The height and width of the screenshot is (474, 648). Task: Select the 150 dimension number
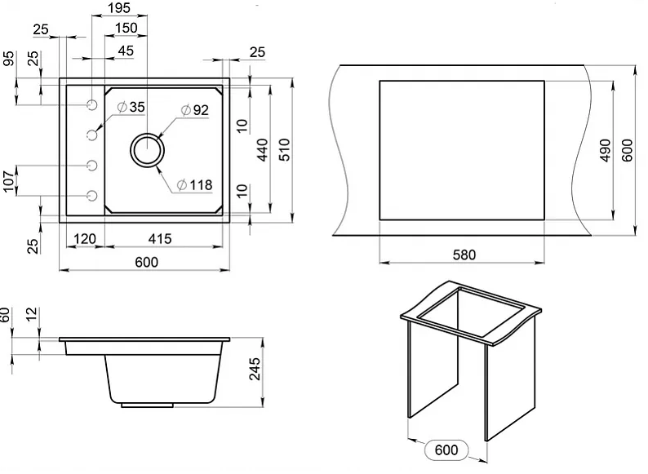pos(125,29)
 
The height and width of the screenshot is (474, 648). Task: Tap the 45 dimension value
pos(126,51)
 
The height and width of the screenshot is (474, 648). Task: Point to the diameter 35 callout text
pos(131,107)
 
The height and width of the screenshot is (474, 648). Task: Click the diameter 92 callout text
pos(195,109)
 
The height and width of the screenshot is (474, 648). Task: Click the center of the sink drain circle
pos(148,151)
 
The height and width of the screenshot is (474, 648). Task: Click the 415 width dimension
pos(160,238)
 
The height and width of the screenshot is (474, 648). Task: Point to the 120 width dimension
pos(85,238)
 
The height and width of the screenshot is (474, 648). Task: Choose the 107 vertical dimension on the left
pos(9,180)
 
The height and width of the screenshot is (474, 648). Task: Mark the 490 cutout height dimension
pos(605,150)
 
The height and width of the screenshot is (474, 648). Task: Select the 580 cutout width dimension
pos(462,254)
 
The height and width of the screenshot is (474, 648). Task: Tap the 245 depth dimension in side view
pos(255,373)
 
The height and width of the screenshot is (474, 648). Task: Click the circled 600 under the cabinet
pos(446,450)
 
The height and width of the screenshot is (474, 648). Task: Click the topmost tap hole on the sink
pos(91,105)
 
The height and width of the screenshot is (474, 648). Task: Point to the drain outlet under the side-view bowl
pos(147,404)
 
